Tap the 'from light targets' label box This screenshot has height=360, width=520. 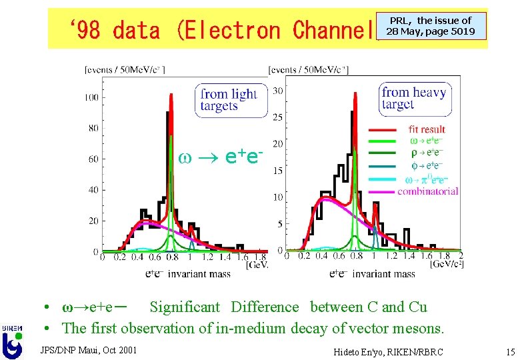pos(229,100)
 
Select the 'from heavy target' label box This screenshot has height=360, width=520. pos(413,99)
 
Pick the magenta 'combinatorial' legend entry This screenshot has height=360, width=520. pos(427,191)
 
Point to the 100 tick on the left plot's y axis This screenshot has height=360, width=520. pos(91,98)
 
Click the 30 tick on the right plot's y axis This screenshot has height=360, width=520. pos(279,91)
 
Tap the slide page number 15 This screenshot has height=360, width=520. pos(510,351)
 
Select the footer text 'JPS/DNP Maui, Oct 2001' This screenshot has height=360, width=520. pos(89,349)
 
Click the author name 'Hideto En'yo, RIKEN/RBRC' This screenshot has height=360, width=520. pos(389,351)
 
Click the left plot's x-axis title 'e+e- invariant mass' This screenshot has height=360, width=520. pos(189,273)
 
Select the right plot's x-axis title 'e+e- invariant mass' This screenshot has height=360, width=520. pos(372,273)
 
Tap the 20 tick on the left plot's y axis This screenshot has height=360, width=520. pos(93,221)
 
